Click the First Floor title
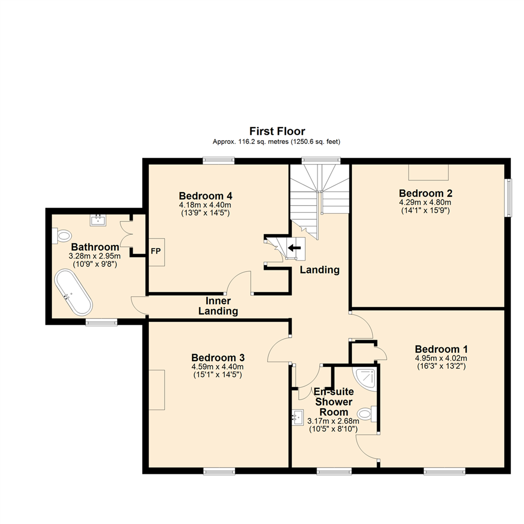[277, 131]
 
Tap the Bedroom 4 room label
[205, 196]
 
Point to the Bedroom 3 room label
[217, 357]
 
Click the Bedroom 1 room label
[441, 349]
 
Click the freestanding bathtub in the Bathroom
[73, 292]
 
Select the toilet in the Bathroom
[62, 236]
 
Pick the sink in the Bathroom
[98, 220]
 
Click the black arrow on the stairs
[294, 248]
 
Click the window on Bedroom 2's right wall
[508, 198]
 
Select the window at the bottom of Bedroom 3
[219, 471]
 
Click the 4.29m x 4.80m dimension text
[425, 202]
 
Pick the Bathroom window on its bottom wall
[101, 321]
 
